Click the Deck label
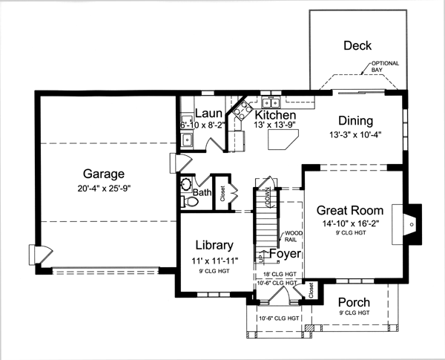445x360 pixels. point(357,46)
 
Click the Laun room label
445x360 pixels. point(204,114)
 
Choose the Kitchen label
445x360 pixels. point(275,116)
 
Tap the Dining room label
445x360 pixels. point(355,121)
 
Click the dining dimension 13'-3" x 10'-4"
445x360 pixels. point(355,135)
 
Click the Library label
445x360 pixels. point(214,245)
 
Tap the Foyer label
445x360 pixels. point(284,255)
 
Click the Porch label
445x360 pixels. point(355,302)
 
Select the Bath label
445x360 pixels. point(202,194)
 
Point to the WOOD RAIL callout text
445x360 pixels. point(292,236)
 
